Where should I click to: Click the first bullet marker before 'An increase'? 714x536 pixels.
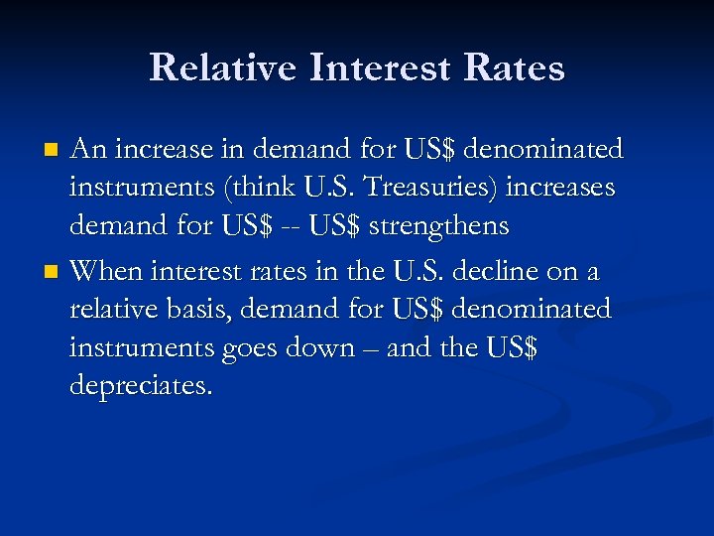55,151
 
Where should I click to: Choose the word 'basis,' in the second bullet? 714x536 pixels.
203,309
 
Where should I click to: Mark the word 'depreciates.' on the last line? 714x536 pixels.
141,385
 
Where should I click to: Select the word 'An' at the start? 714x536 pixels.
89,149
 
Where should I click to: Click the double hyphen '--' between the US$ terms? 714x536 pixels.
287,227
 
